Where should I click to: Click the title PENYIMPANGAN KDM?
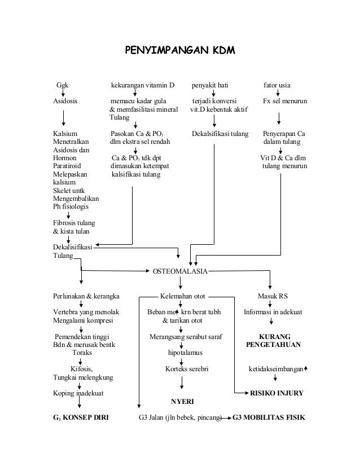180,50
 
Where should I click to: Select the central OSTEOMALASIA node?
180,271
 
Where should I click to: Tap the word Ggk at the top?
62,85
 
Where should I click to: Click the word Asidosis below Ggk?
65,101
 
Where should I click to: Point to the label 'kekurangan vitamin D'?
143,85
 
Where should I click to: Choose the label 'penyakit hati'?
210,85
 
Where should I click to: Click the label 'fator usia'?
276,85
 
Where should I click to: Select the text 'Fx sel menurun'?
285,101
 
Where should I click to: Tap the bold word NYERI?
182,402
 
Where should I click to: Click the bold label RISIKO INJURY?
276,393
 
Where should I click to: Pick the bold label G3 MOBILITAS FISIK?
269,417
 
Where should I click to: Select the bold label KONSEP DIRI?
86,417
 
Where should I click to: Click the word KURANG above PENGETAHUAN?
275,336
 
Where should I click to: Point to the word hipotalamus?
185,353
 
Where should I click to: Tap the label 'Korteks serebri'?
187,369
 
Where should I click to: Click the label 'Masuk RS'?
273,296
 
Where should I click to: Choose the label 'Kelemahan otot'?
182,296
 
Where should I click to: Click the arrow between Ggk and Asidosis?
63,93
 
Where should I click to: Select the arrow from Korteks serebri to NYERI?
181,383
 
